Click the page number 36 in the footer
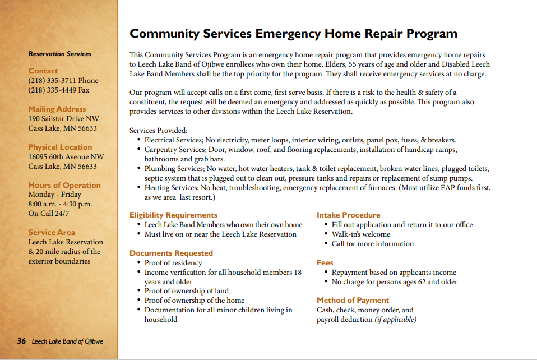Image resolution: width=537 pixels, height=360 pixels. [x=21, y=341]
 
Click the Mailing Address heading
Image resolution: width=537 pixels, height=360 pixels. [x=57, y=109]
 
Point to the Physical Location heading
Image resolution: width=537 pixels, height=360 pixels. [x=58, y=147]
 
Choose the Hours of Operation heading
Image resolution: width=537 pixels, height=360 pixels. [x=64, y=186]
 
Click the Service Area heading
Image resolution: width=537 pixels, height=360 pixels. [x=51, y=233]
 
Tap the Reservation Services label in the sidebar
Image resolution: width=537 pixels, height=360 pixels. [x=60, y=54]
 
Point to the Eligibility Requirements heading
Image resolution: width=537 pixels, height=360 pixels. [x=173, y=215]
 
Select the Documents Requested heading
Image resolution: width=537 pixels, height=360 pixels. [x=171, y=253]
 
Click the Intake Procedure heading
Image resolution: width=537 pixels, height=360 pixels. [x=348, y=215]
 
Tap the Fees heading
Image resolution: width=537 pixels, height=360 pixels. [x=325, y=263]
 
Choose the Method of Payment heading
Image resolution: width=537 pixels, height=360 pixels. [x=353, y=301]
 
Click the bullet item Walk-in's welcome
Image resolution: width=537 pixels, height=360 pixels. [x=360, y=234]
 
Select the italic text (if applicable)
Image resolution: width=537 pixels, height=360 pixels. [x=395, y=320]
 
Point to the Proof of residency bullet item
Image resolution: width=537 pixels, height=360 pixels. [x=173, y=263]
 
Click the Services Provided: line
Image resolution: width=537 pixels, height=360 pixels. [x=158, y=131]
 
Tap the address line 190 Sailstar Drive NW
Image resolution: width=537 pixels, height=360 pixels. [x=63, y=119]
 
